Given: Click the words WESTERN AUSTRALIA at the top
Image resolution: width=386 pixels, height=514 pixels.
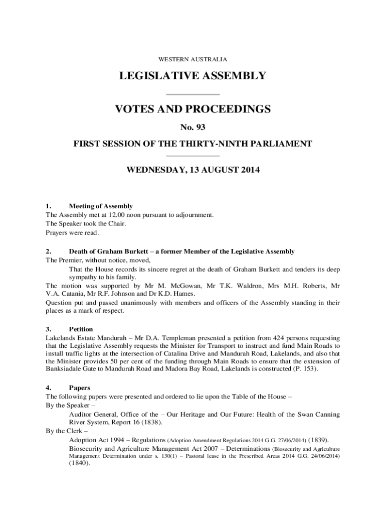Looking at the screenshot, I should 193,59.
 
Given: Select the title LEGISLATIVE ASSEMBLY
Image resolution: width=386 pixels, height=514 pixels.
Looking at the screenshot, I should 193,76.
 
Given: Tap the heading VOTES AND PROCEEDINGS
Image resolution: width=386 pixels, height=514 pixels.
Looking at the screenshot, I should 193,109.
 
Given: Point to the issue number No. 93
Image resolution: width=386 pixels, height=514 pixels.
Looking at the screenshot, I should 193,127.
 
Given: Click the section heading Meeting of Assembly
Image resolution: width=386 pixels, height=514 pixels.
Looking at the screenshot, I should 101,206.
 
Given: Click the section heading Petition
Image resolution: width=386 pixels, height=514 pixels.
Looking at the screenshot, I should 81,329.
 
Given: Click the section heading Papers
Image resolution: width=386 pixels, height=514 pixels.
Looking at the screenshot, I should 79,388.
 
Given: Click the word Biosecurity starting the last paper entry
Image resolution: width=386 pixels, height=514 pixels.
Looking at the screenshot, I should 86,448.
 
